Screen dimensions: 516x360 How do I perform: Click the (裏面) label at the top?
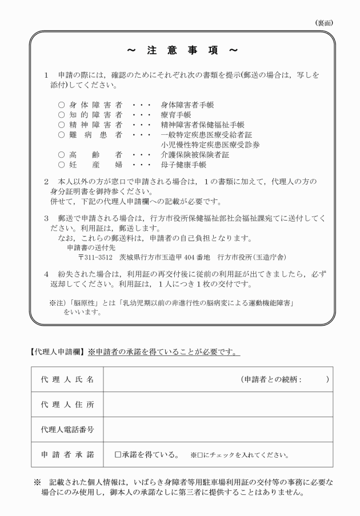point(324,22)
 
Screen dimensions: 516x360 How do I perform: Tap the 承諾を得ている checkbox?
point(118,455)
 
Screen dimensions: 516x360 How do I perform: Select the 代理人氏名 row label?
point(67,379)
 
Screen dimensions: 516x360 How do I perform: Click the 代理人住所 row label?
point(67,405)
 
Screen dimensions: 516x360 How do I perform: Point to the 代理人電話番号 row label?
point(67,430)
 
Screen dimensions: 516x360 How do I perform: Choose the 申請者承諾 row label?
point(67,455)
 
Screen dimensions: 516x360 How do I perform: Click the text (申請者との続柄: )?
point(285,379)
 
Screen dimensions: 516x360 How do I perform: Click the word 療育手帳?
point(177,114)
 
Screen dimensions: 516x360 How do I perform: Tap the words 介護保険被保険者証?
point(194,155)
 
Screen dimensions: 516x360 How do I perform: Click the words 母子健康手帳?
point(183,165)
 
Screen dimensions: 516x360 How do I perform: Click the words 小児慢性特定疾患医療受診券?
point(210,145)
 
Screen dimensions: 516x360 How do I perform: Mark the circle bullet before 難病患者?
point(61,135)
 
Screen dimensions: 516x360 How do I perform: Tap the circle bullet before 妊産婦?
point(61,165)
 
